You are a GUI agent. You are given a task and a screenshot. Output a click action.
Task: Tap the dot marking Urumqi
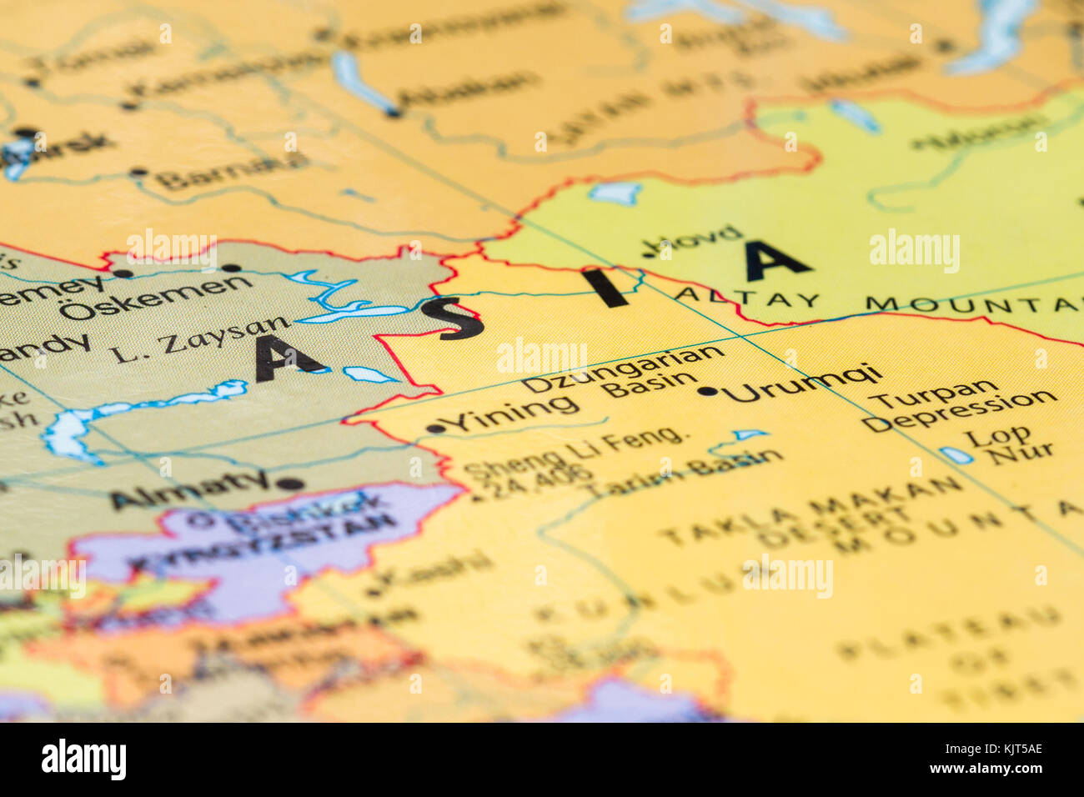click(708, 390)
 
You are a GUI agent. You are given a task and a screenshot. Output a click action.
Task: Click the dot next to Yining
click(434, 429)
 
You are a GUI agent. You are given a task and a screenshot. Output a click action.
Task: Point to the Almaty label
click(190, 491)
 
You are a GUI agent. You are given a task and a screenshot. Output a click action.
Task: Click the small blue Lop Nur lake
click(956, 455)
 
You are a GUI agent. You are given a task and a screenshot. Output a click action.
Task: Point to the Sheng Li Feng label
click(575, 448)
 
